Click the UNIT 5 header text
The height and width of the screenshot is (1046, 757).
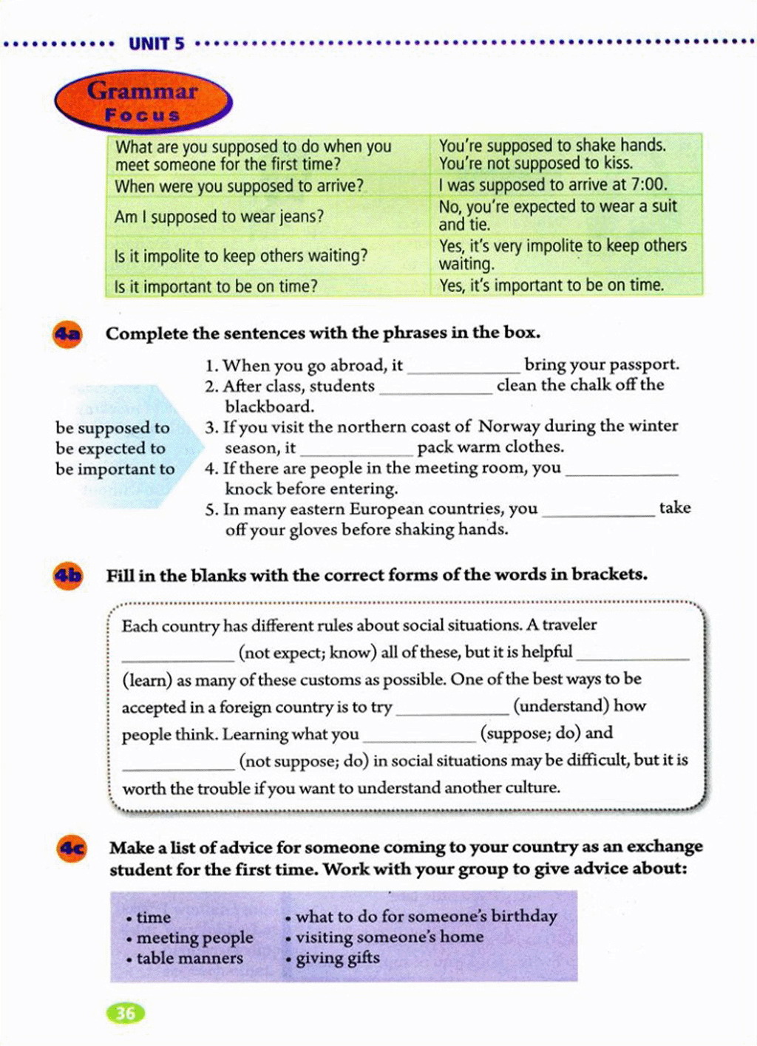[157, 44]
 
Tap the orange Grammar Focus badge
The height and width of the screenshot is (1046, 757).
[143, 101]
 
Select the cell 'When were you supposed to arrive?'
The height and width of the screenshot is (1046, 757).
[239, 186]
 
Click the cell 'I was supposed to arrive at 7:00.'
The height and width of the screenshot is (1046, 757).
[552, 185]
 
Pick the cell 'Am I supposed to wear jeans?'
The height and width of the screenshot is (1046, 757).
[219, 217]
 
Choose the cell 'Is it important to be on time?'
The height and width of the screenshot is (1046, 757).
[215, 286]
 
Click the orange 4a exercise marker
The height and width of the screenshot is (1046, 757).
[67, 334]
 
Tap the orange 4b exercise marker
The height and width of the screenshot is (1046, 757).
[67, 576]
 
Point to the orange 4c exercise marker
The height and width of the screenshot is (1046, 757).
[72, 849]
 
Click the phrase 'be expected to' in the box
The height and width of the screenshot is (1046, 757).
[110, 449]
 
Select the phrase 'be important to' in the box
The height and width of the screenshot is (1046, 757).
[115, 469]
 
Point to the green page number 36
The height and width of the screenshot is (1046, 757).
[126, 1013]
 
